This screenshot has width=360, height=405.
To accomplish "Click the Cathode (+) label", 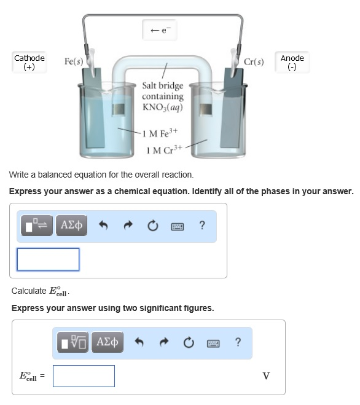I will point(29,62).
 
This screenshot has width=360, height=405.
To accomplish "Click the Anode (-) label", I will point(292,62).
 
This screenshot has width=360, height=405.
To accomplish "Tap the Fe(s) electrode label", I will point(74,62).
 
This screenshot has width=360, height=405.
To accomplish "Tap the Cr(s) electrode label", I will point(254,62).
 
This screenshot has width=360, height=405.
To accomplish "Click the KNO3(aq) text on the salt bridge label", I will point(162,107).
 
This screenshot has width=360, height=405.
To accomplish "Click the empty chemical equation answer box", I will point(48,259).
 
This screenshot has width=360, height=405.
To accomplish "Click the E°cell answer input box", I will point(84,376).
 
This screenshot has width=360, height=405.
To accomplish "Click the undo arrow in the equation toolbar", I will point(104,226).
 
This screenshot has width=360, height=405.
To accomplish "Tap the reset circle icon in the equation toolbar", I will point(151,226).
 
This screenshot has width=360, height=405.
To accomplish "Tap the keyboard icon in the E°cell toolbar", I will point(213,342).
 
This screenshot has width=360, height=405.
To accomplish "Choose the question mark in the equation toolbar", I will point(202,226).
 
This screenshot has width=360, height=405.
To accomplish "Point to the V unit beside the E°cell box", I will point(266,376).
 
